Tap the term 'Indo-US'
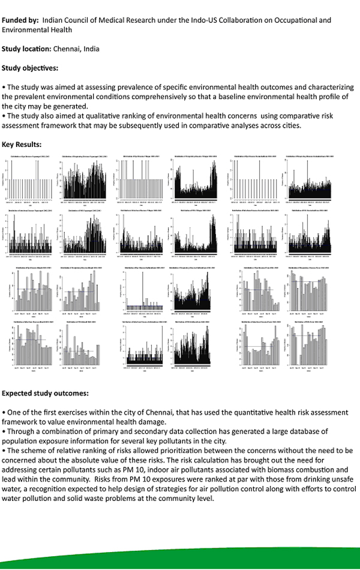click(211, 20)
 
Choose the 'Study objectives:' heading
click(30, 67)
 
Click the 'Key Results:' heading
click(22, 145)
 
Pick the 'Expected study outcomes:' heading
click(45, 394)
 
